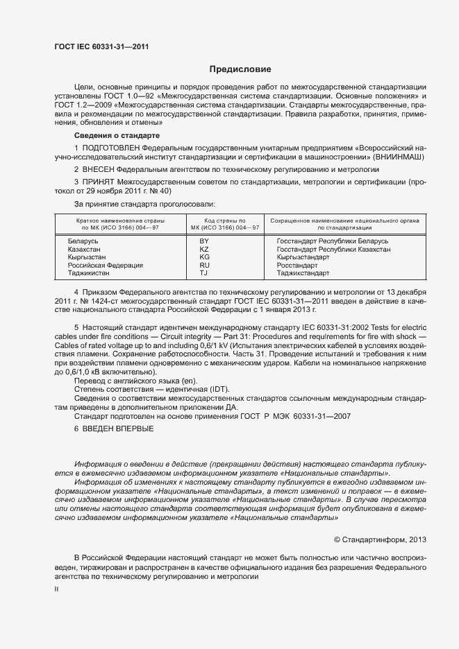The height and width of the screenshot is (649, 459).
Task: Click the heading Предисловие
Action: [240, 69]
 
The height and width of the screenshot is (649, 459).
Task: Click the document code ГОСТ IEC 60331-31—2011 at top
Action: [101, 47]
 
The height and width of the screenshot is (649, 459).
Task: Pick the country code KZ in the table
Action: [204, 248]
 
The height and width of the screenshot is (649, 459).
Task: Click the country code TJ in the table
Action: [204, 273]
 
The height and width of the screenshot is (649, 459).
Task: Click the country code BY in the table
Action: [204, 240]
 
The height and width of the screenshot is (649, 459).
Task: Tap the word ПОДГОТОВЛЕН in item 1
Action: [113, 148]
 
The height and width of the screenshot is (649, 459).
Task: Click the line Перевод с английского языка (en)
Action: [136, 381]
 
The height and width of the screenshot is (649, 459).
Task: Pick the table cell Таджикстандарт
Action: [303, 273]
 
